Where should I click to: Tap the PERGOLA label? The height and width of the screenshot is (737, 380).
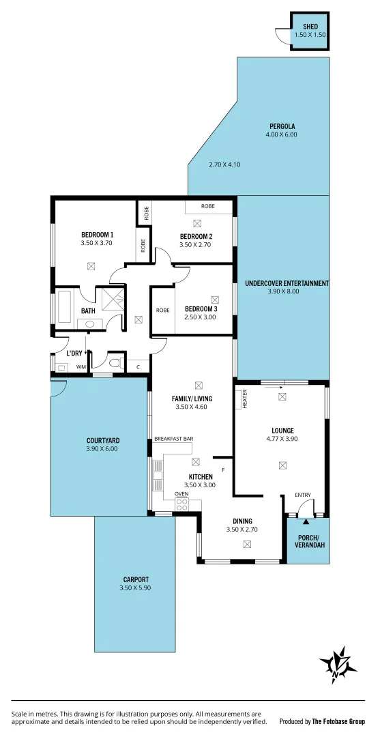(282, 126)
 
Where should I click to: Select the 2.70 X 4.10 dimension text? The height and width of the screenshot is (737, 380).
(224, 164)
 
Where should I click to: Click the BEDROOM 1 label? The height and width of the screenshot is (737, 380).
(97, 235)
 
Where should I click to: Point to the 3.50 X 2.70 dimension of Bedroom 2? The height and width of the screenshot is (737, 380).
(196, 244)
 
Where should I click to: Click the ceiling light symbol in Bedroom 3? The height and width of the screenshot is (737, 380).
(216, 299)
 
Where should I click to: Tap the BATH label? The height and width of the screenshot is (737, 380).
(88, 310)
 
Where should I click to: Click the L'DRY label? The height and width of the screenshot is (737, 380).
(74, 353)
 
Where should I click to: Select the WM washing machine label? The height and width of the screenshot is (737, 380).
(81, 367)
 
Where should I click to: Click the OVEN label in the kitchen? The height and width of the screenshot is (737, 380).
(181, 493)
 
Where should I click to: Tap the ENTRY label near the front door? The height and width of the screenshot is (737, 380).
(303, 495)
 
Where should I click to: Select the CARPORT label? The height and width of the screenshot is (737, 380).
(133, 579)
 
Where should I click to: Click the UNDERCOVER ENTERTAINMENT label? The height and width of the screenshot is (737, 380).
(287, 283)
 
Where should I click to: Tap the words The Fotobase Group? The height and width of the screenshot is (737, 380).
(338, 721)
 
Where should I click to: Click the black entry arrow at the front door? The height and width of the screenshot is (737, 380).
(306, 522)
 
